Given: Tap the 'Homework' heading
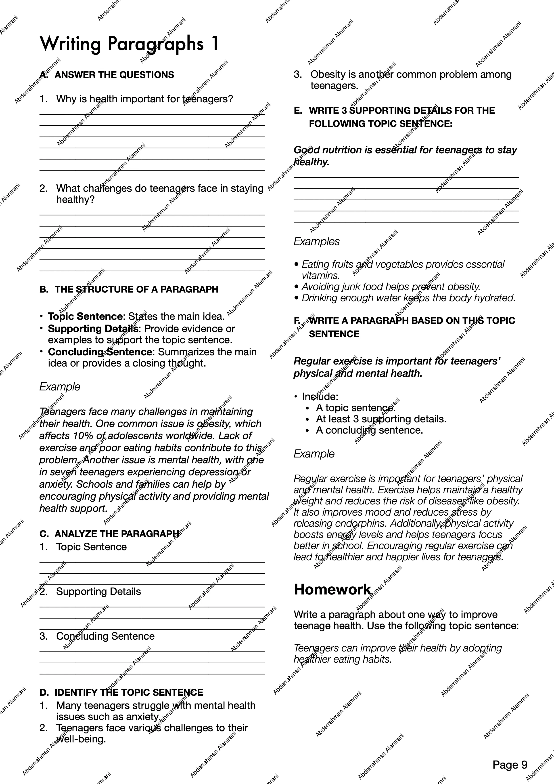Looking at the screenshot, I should (x=332, y=589).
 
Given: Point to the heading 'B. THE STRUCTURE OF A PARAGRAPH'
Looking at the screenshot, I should (x=129, y=289).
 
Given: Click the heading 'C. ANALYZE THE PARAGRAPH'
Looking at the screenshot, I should (x=109, y=534).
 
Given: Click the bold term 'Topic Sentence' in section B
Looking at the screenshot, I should (x=85, y=316).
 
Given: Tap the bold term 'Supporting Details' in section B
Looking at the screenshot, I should (x=93, y=329).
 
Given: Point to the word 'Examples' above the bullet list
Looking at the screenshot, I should (x=317, y=241).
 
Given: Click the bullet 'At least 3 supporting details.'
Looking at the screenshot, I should (x=381, y=419).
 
